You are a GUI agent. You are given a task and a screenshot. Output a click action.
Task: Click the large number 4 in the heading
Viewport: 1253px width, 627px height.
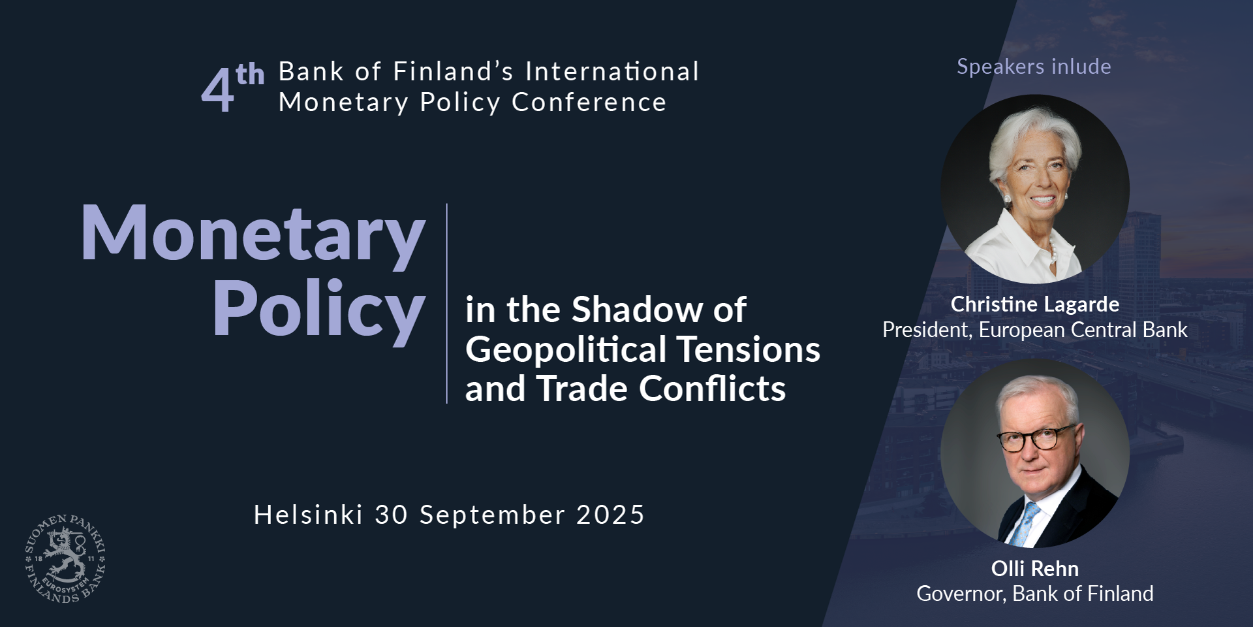[217, 91]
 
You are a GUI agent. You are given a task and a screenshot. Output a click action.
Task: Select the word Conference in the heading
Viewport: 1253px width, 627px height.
[589, 103]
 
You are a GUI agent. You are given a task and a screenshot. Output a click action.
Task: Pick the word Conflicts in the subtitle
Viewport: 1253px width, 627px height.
[712, 389]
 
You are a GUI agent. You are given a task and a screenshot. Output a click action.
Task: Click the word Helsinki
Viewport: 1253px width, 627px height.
[308, 515]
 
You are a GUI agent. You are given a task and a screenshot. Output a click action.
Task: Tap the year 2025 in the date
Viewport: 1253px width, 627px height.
[611, 515]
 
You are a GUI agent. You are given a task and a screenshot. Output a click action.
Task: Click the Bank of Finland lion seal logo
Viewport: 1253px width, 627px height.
[65, 558]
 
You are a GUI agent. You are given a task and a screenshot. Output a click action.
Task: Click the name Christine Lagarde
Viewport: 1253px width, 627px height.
[1035, 304]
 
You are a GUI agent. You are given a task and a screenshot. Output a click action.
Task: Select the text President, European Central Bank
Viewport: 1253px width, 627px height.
[1035, 330]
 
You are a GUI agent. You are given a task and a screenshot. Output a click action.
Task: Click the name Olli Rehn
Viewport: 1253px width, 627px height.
[1035, 569]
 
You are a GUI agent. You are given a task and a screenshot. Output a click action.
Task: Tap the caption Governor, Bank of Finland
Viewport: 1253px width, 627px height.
[1035, 594]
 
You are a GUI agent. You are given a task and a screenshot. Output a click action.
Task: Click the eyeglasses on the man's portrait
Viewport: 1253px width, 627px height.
[1036, 438]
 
